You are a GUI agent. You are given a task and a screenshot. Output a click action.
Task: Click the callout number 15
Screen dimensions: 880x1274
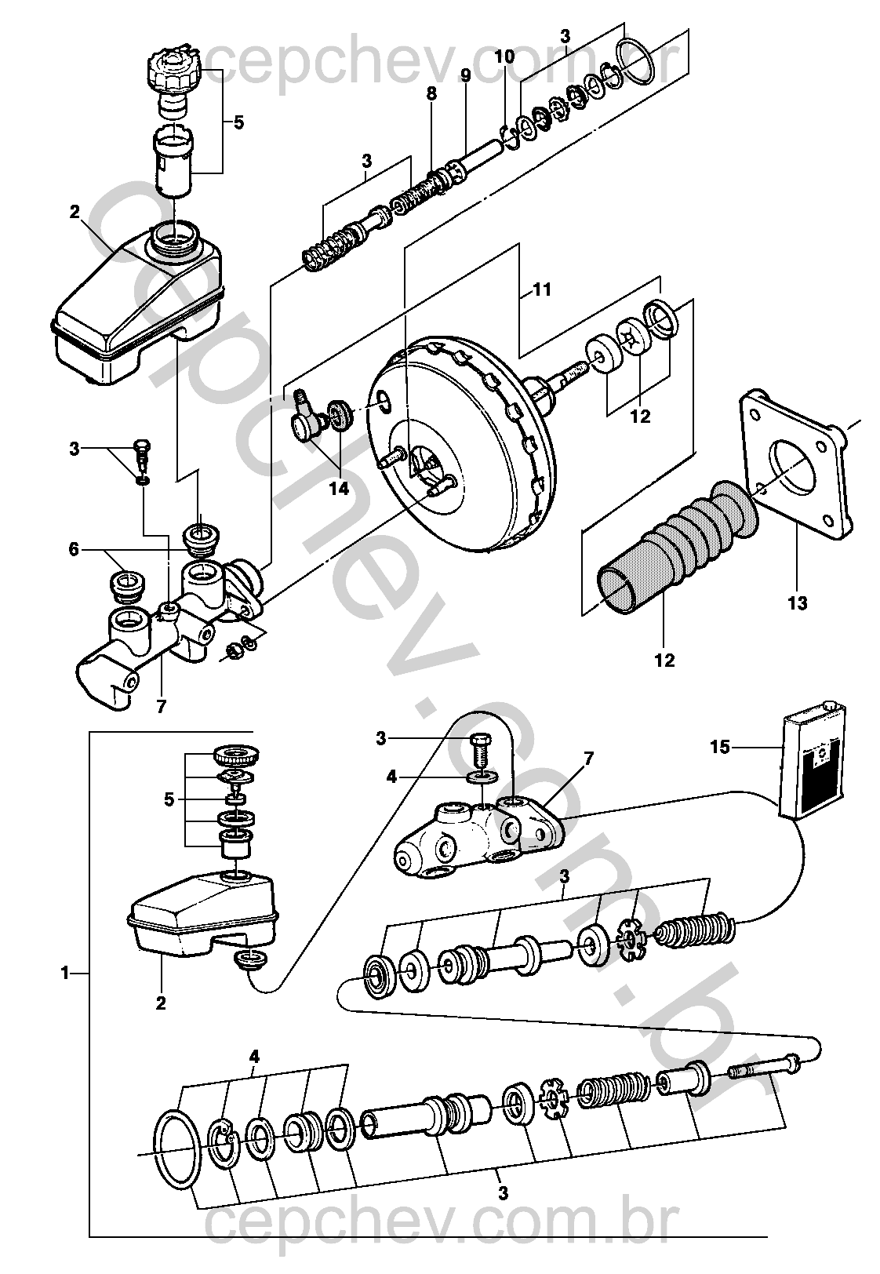[720, 747]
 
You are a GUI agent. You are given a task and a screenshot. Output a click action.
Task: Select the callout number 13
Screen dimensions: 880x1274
[798, 602]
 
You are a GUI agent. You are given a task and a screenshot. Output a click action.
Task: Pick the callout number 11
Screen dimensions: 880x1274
[542, 290]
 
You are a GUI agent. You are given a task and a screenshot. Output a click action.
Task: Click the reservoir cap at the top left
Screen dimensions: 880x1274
[173, 71]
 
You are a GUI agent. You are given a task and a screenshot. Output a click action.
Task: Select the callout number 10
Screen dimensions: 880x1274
[504, 56]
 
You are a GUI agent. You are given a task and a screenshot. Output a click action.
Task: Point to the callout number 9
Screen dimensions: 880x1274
[466, 75]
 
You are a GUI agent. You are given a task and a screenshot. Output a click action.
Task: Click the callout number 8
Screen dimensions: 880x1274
[432, 93]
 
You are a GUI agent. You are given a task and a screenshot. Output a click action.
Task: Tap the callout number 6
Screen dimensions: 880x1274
[74, 550]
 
